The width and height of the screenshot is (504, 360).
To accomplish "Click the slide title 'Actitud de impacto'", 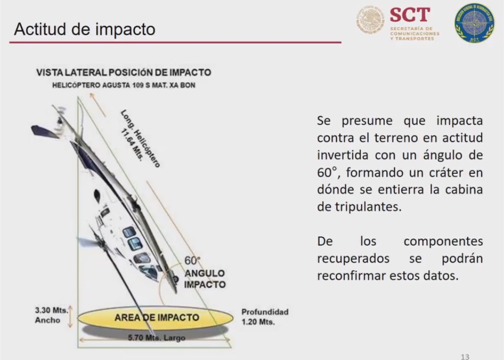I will tap(85, 29).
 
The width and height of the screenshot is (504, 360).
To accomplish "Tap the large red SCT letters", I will tap(410, 15).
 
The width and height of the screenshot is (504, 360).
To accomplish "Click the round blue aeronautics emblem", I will tap(474, 23).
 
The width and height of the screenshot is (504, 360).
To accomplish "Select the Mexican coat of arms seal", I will tap(371, 21).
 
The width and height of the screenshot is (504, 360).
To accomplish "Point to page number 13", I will tap(465, 356).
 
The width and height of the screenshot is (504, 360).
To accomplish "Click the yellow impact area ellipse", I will tap(156, 318).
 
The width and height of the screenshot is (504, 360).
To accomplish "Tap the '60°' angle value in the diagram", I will tap(192, 261).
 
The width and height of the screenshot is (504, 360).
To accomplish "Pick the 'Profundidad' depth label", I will tap(264, 312).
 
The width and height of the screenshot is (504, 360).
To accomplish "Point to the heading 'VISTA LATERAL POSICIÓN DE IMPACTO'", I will tap(124, 73).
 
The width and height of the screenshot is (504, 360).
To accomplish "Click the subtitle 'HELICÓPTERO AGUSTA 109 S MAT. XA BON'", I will tap(124, 85).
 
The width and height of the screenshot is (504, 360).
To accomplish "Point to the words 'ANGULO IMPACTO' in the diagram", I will tap(204, 279).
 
